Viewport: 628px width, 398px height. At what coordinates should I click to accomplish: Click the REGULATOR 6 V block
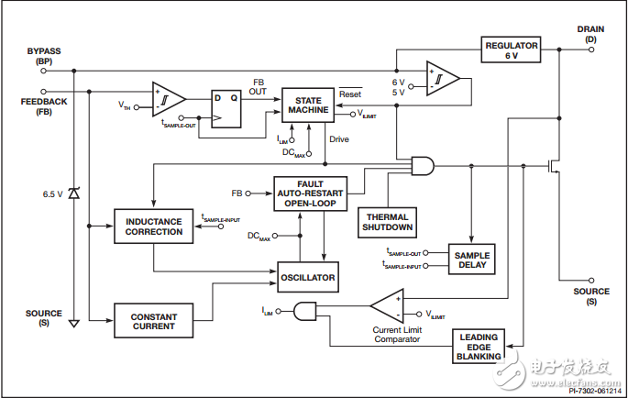(x=512, y=50)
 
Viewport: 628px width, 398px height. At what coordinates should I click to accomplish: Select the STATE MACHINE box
(x=306, y=104)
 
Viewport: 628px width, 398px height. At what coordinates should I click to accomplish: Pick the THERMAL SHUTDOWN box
(x=386, y=221)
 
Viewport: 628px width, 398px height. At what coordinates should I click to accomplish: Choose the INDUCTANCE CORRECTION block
(x=153, y=226)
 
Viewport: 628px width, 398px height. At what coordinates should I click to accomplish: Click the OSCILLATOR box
(x=308, y=276)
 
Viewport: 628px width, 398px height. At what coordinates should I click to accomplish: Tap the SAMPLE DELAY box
(x=472, y=259)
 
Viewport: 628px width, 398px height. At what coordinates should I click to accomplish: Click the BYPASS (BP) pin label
(x=43, y=56)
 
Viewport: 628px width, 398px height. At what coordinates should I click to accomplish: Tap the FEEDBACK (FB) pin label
(x=43, y=106)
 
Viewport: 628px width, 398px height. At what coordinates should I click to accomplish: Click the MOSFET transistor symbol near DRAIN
(x=555, y=167)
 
